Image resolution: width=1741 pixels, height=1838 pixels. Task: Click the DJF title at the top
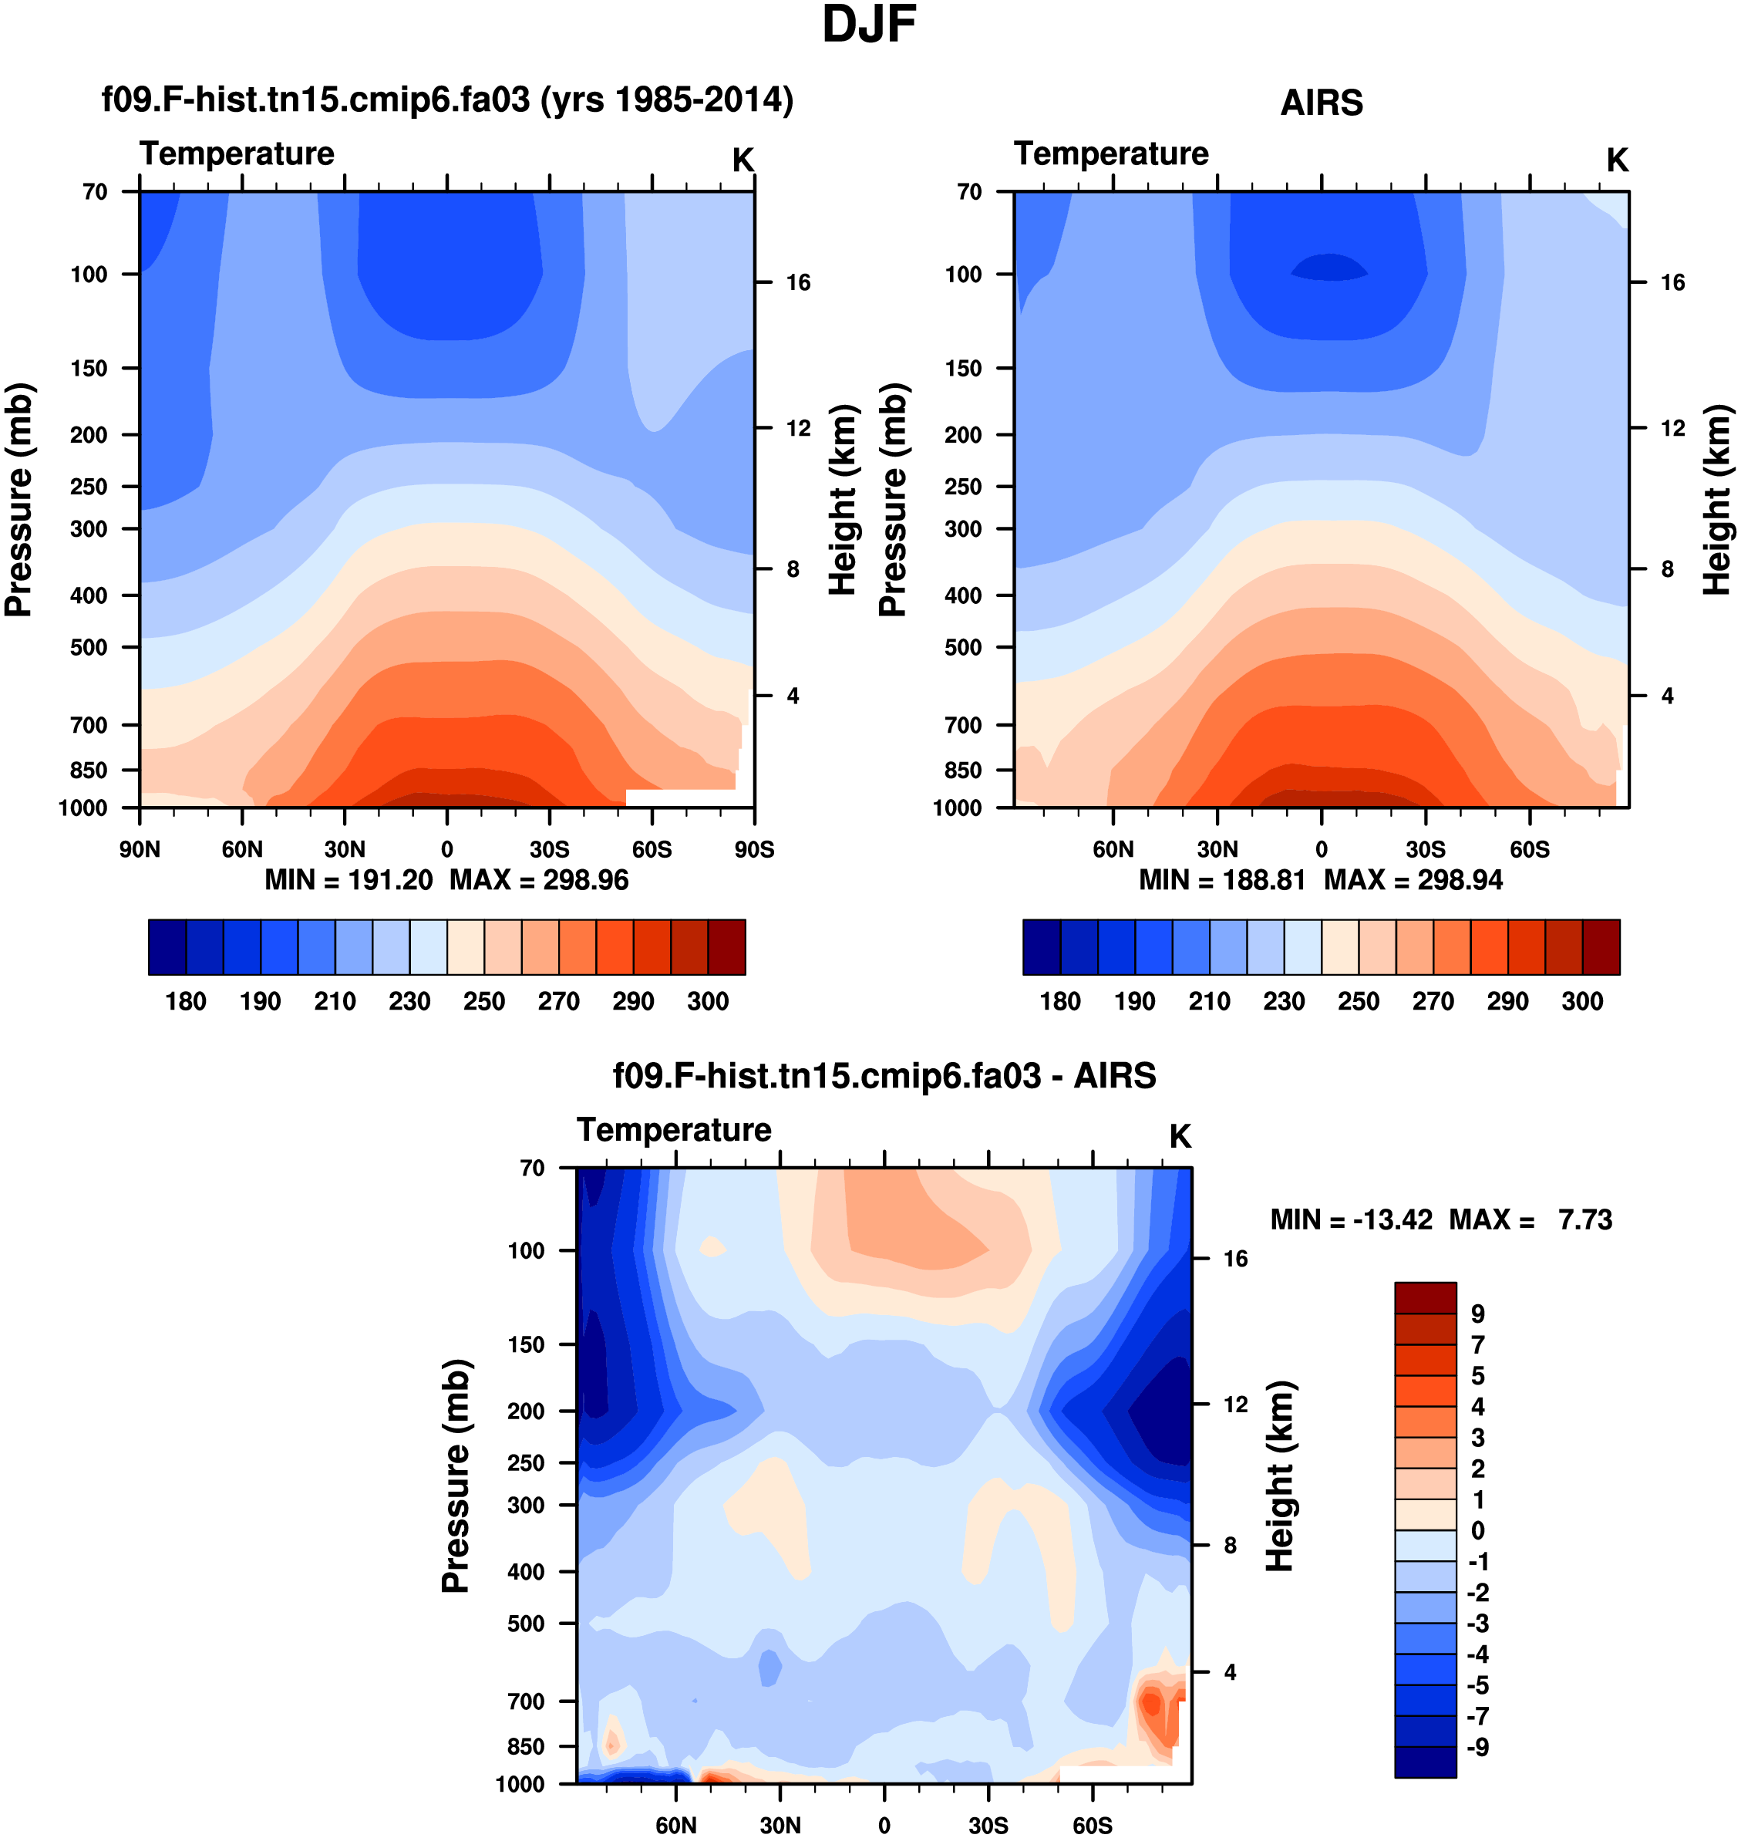(869, 25)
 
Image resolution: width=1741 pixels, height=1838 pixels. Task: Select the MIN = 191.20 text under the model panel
(348, 880)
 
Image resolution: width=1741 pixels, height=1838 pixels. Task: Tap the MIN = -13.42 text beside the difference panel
(1350, 1219)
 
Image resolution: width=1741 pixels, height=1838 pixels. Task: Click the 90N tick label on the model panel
(140, 849)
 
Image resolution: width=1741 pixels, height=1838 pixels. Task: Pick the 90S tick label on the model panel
(753, 849)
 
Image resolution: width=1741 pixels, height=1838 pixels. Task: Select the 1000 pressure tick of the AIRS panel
(957, 808)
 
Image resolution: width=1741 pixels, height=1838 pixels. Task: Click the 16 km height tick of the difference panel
(1234, 1259)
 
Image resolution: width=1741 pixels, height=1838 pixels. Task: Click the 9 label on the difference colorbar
(1477, 1314)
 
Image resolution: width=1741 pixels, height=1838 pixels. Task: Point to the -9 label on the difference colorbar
(1477, 1747)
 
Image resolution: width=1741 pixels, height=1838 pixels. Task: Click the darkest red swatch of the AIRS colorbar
(1601, 947)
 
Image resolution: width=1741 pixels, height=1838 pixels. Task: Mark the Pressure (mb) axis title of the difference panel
(456, 1476)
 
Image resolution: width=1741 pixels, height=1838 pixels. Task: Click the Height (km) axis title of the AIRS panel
(1717, 500)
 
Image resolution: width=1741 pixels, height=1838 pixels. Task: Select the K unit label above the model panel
(743, 160)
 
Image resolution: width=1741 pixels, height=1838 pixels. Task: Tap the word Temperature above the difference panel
(674, 1130)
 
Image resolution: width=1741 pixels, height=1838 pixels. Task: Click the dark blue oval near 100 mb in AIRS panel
(1329, 268)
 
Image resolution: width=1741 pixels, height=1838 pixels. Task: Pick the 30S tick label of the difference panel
(988, 1826)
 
